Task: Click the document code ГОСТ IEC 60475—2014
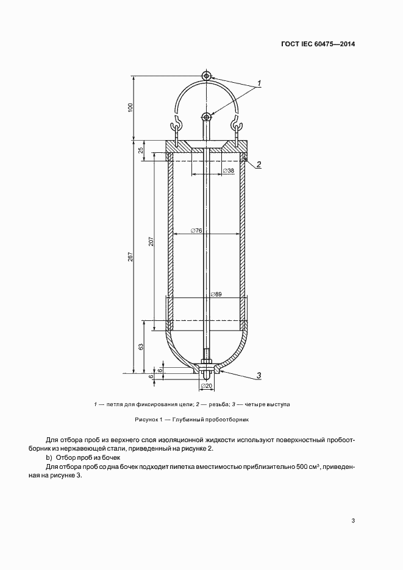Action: click(317, 44)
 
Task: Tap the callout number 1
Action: click(259, 83)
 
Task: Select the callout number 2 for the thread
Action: click(259, 164)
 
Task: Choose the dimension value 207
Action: click(151, 241)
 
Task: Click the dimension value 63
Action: click(141, 347)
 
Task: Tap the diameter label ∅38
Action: click(229, 171)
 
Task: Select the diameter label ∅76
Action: click(196, 230)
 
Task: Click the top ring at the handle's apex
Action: click(207, 76)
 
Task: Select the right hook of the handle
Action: click(237, 126)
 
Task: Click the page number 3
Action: click(353, 520)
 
